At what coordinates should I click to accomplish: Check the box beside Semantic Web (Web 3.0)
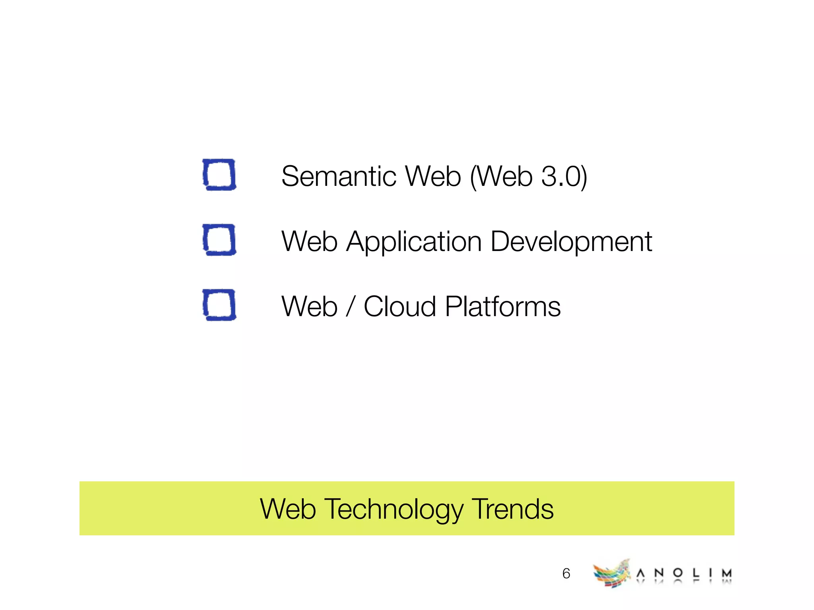pos(219,175)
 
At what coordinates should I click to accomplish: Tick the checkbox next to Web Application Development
pos(219,240)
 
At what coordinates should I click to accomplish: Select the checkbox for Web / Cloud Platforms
pos(219,305)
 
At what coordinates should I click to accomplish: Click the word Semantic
pos(338,176)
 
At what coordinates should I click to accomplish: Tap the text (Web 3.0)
pos(528,177)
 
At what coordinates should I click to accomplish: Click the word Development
pos(571,242)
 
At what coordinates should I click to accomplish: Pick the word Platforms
pos(502,307)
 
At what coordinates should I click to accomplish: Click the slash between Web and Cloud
pos(350,307)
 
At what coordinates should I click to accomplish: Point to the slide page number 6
pos(566,573)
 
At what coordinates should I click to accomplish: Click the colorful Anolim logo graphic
pos(612,573)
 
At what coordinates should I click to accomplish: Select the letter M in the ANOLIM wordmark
pos(727,573)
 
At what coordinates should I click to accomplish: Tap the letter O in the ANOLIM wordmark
pos(678,573)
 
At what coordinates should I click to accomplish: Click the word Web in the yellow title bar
pos(288,509)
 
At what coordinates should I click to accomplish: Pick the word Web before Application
pos(309,241)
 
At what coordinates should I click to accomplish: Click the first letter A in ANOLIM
pos(640,573)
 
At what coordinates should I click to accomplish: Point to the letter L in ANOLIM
pos(696,573)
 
